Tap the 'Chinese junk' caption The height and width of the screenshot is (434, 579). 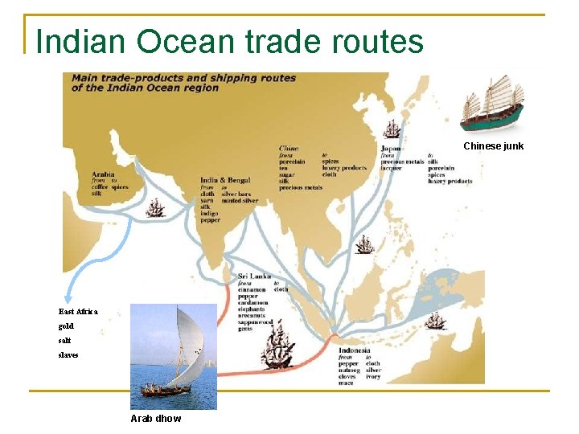click(493, 146)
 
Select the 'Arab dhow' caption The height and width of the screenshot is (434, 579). click(156, 418)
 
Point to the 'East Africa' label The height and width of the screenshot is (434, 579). click(78, 311)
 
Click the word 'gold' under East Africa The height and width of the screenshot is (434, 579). click(66, 326)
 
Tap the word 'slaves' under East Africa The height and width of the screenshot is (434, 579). click(68, 354)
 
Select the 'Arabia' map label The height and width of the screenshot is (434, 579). click(103, 174)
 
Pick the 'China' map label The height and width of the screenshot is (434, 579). click(289, 148)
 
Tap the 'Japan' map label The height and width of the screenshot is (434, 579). click(392, 149)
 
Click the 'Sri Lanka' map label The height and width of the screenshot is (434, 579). click(254, 276)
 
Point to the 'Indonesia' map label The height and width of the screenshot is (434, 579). click(355, 350)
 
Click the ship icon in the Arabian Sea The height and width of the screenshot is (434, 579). click(155, 208)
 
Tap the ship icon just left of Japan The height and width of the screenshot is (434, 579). click(392, 129)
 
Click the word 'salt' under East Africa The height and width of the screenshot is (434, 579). click(64, 341)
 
